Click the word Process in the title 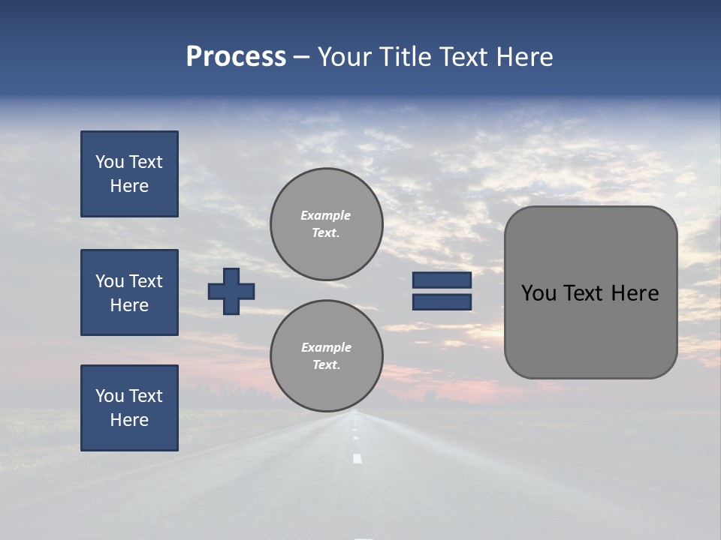pyautogui.click(x=236, y=57)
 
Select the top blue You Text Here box pyautogui.click(x=129, y=174)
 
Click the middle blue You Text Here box pyautogui.click(x=129, y=292)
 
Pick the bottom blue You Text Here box pyautogui.click(x=129, y=408)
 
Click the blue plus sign pyautogui.click(x=231, y=291)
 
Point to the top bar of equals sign pyautogui.click(x=442, y=280)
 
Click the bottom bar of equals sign pyautogui.click(x=442, y=302)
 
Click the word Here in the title pyautogui.click(x=525, y=57)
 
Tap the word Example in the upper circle pyautogui.click(x=326, y=215)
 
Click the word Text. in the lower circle pyautogui.click(x=326, y=364)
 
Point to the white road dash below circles pyautogui.click(x=357, y=458)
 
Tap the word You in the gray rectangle pyautogui.click(x=538, y=293)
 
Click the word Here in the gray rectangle pyautogui.click(x=635, y=293)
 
